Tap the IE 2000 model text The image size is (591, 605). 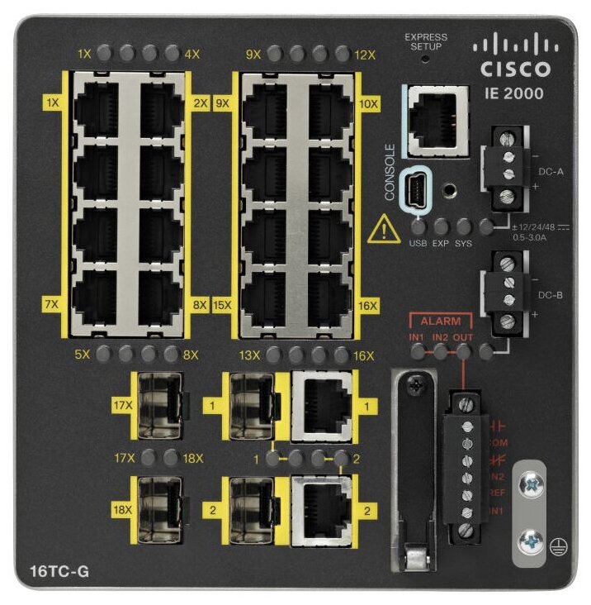(513, 93)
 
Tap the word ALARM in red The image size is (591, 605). (440, 319)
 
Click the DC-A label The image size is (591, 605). (551, 172)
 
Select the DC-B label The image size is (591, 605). (551, 293)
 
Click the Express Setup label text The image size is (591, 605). (426, 41)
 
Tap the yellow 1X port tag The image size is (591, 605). (53, 103)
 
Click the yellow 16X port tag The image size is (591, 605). (369, 306)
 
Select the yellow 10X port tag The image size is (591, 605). (369, 104)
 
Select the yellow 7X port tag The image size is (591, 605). (53, 305)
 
